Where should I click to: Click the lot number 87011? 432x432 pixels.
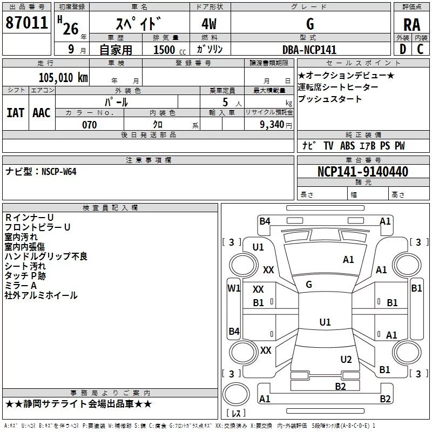coord(26,23)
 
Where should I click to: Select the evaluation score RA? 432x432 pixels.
coord(412,25)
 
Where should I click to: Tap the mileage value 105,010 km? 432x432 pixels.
coord(63,78)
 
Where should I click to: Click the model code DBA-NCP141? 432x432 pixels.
coord(309,50)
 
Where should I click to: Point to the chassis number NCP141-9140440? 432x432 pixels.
coord(363,171)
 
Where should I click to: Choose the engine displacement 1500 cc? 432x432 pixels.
coord(170,50)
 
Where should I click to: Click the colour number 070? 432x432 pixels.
coord(90,125)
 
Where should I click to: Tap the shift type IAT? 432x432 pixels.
coord(16,113)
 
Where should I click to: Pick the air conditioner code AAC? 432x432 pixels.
coord(42,113)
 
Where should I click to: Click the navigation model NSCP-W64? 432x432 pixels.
coord(59,172)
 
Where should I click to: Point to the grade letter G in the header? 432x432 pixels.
coord(310,24)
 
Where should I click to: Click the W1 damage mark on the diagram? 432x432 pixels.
coord(234,288)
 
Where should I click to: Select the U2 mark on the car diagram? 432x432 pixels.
coord(346,360)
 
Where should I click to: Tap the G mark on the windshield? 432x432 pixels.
coord(309,285)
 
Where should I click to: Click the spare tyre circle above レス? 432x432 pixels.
coord(236,394)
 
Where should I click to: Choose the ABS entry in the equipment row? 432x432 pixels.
coord(347,146)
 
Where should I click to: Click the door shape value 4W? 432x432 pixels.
coord(209,24)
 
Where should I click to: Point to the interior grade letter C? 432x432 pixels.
coord(420,49)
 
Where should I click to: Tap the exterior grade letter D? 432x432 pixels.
coord(403,49)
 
